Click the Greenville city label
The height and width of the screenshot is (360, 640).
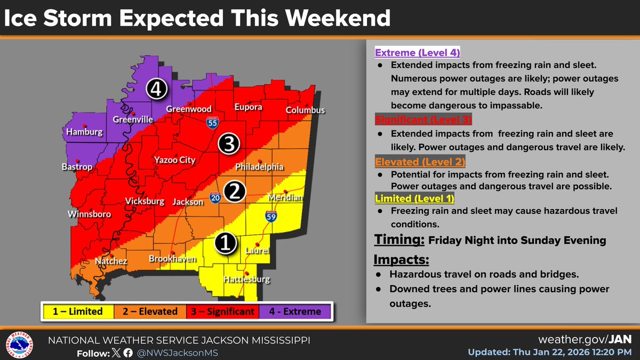[133, 119]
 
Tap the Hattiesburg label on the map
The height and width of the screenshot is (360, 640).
[247, 279]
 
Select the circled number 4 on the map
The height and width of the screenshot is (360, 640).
[155, 90]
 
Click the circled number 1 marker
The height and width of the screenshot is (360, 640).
[226, 243]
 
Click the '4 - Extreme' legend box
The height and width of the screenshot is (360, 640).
[295, 311]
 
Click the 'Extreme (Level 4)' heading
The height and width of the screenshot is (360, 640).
[418, 53]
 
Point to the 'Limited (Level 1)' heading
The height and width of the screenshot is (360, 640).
[414, 198]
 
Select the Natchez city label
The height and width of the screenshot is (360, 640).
[111, 261]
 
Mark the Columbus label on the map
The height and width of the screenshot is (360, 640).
[305, 110]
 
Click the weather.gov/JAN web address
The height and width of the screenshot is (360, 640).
[586, 340]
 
